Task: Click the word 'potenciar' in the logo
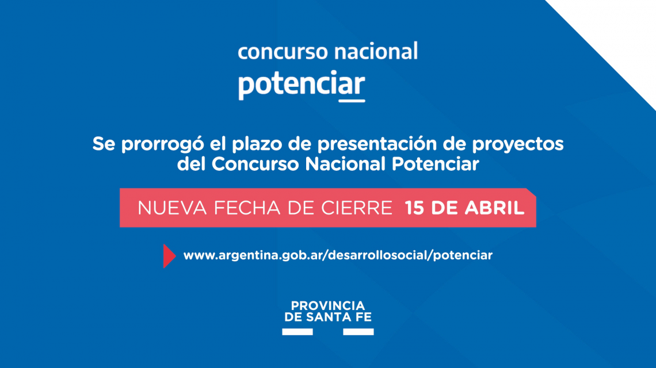point(302,85)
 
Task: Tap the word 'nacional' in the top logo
point(376,51)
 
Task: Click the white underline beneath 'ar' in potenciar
point(352,101)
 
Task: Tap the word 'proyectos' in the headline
point(517,144)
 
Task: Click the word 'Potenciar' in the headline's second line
point(435,164)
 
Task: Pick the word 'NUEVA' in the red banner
point(172,208)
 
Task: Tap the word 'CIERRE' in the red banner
point(356,208)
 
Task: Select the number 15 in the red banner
point(414,208)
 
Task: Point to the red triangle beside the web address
point(169,256)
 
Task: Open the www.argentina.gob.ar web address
point(338,255)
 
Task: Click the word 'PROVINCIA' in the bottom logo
point(327,306)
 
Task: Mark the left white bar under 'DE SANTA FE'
point(298,332)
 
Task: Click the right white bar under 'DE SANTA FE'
point(358,332)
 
